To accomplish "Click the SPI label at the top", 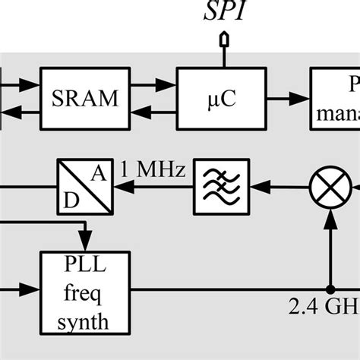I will [x=225, y=13].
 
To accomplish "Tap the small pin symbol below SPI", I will [x=224, y=38].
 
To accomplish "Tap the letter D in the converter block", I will [x=70, y=199].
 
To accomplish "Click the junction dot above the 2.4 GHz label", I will [x=331, y=289].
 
